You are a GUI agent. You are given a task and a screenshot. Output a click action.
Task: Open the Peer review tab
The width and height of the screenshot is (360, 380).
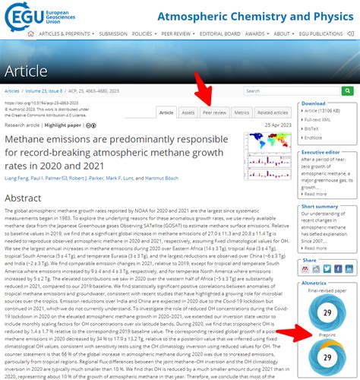pyautogui.click(x=215, y=112)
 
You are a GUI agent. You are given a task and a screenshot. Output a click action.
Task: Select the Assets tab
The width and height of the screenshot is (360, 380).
pyautogui.click(x=188, y=112)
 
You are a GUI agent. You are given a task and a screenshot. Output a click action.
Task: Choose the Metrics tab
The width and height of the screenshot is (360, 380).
pyautogui.click(x=242, y=112)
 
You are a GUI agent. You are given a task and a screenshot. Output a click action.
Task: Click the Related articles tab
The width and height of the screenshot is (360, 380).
pyautogui.click(x=273, y=112)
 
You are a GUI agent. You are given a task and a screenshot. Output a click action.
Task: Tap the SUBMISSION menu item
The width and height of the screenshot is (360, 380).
pyautogui.click(x=113, y=33)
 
